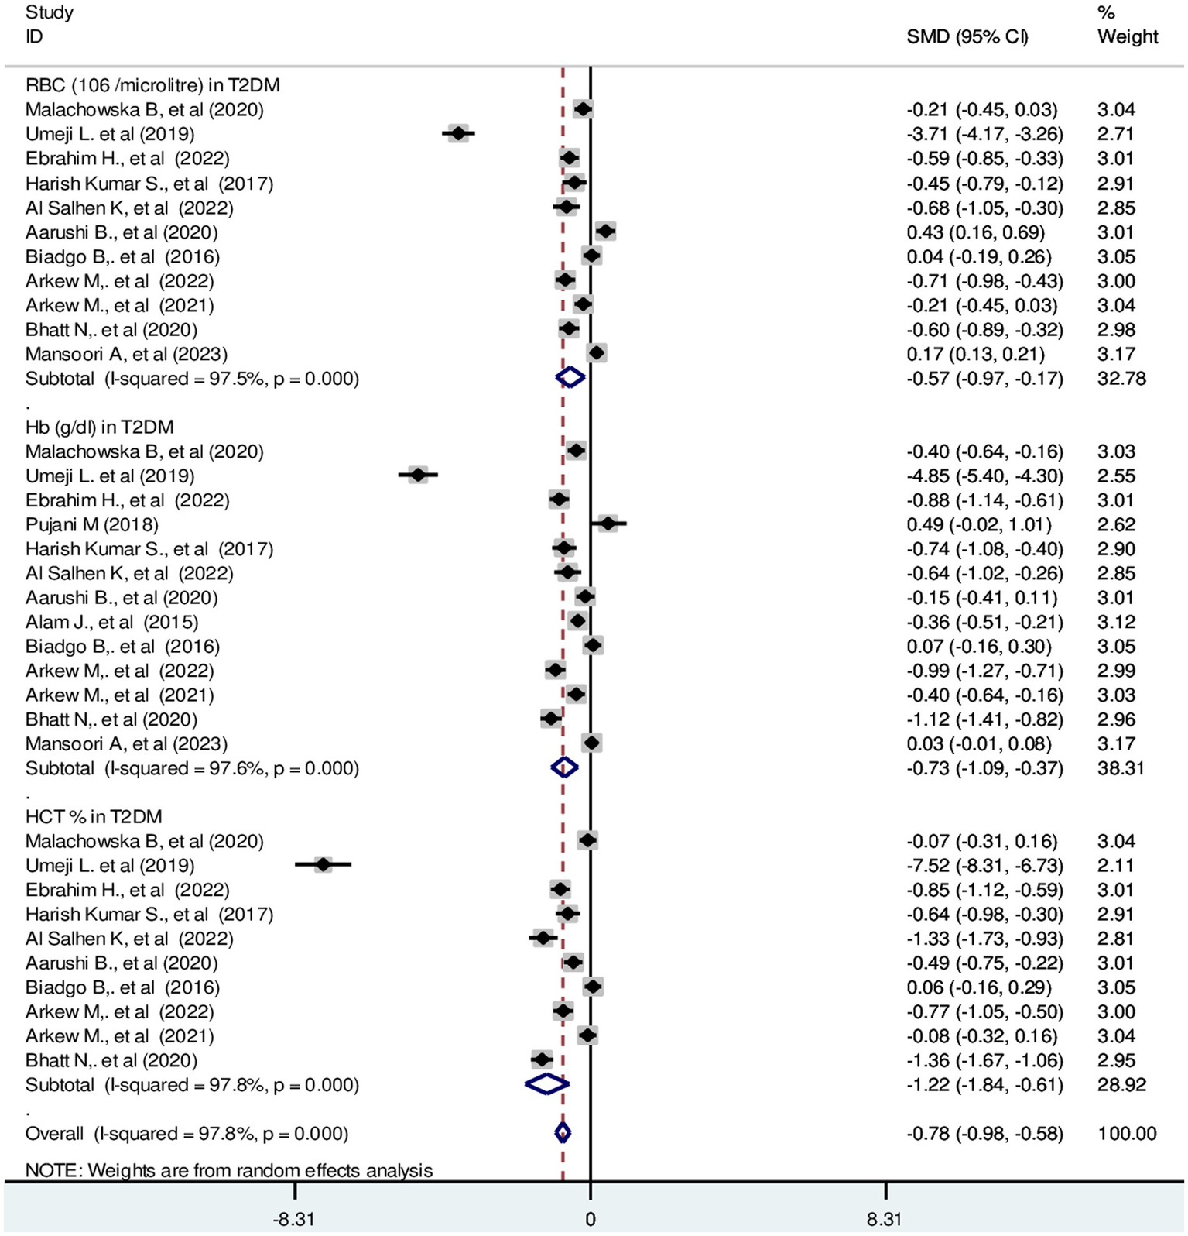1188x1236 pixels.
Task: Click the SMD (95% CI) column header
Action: [967, 36]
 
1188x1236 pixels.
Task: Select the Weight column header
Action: [1127, 36]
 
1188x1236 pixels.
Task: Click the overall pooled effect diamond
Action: [563, 1133]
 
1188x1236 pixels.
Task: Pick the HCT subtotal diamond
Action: [546, 1084]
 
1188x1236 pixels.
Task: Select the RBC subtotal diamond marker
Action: [570, 378]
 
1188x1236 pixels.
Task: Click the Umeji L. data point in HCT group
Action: [324, 865]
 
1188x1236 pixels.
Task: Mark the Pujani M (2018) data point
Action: [608, 524]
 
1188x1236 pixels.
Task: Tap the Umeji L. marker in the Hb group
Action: [418, 475]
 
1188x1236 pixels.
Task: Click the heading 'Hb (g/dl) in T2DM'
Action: [99, 427]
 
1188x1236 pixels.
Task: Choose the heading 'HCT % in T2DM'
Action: [94, 816]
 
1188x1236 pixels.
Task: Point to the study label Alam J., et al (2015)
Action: [111, 622]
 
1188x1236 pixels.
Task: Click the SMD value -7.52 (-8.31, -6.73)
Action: [984, 865]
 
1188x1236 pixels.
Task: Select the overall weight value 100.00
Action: [1126, 1134]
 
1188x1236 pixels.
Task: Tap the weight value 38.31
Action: [1120, 768]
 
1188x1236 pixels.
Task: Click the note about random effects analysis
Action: [228, 1169]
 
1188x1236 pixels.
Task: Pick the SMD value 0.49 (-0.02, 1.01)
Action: [978, 524]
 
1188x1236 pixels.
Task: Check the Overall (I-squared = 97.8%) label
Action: [187, 1134]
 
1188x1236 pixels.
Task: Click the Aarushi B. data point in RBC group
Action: [605, 231]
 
